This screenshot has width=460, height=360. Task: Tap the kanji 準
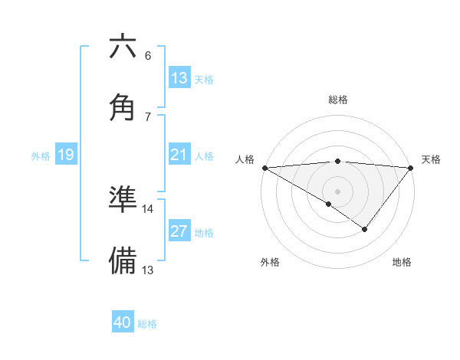pos(123,199)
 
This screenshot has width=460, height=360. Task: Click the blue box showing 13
pos(179,77)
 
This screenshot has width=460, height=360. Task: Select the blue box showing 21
pos(179,155)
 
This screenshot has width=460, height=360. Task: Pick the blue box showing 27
pos(179,231)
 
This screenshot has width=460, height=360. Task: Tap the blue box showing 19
pos(66,155)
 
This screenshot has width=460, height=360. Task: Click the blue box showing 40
pos(123,322)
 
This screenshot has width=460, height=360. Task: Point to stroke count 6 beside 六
pos(148,55)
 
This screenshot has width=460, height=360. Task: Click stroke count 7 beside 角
pos(148,116)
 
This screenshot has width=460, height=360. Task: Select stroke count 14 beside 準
pos(148,208)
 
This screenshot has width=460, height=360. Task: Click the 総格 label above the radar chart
pos(338,100)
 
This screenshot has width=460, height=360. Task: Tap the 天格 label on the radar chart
pos(432,159)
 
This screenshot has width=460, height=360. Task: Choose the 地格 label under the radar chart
pos(402,262)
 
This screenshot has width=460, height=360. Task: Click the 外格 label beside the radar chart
pos(270,262)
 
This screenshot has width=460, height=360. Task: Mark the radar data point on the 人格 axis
pos(264,167)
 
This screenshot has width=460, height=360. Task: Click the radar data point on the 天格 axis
pos(412,167)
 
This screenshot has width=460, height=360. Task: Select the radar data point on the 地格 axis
pos(365,229)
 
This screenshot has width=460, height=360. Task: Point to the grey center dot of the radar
pos(338,191)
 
